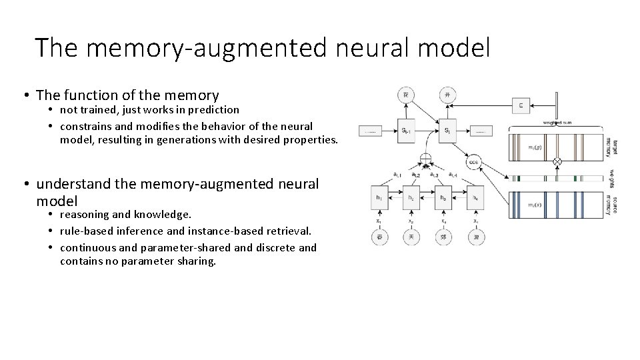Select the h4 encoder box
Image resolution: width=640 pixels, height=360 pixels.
pyautogui.click(x=475, y=198)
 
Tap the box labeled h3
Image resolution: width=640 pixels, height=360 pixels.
pyautogui.click(x=443, y=198)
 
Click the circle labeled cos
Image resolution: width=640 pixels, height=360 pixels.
pyautogui.click(x=474, y=162)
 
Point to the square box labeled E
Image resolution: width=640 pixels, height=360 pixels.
pyautogui.click(x=521, y=105)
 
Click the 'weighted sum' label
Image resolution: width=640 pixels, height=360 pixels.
pyautogui.click(x=557, y=123)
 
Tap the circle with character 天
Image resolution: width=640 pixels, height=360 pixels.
pyautogui.click(x=411, y=236)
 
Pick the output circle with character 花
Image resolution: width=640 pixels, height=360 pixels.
pyautogui.click(x=407, y=95)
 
